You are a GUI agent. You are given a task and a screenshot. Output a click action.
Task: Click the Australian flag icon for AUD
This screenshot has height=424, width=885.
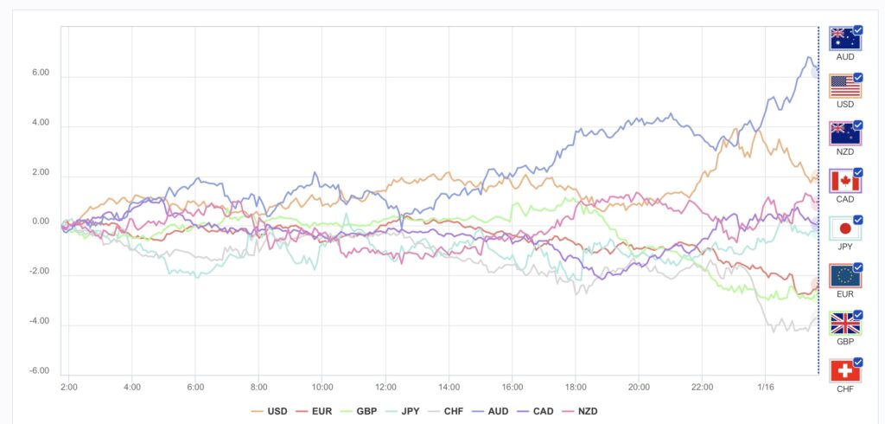pyautogui.click(x=844, y=39)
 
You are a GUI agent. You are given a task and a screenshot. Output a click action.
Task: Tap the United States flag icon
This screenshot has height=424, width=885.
pyautogui.click(x=844, y=87)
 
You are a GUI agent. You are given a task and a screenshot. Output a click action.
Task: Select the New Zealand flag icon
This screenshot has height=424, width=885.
pyautogui.click(x=844, y=134)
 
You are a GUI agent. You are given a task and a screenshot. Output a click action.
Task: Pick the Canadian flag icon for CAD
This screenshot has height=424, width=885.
pyautogui.click(x=844, y=181)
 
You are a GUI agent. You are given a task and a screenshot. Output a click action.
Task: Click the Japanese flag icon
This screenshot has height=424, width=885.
pyautogui.click(x=844, y=228)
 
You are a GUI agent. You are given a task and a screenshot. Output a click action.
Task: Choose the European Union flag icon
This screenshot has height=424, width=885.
pyautogui.click(x=844, y=276)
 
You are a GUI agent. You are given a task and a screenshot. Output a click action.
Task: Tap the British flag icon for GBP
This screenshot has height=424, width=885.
pyautogui.click(x=844, y=324)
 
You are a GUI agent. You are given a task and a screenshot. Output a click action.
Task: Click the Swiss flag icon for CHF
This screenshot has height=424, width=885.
pyautogui.click(x=844, y=371)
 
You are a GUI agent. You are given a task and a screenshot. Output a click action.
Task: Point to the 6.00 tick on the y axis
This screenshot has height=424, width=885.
pyautogui.click(x=40, y=74)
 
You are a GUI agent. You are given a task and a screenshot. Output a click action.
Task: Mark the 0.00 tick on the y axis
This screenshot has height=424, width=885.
pyautogui.click(x=40, y=222)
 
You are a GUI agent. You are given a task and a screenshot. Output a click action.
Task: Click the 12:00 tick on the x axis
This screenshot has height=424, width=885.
pyautogui.click(x=385, y=386)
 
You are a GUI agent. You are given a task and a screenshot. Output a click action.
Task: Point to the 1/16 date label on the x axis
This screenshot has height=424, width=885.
pyautogui.click(x=766, y=386)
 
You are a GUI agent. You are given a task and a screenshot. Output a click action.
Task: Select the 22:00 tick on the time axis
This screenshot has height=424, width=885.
pyautogui.click(x=703, y=386)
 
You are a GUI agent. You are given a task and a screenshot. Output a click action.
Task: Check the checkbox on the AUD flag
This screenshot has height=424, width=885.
pyautogui.click(x=857, y=29)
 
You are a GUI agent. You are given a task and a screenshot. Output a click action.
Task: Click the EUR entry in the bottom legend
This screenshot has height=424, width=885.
pyautogui.click(x=316, y=411)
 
